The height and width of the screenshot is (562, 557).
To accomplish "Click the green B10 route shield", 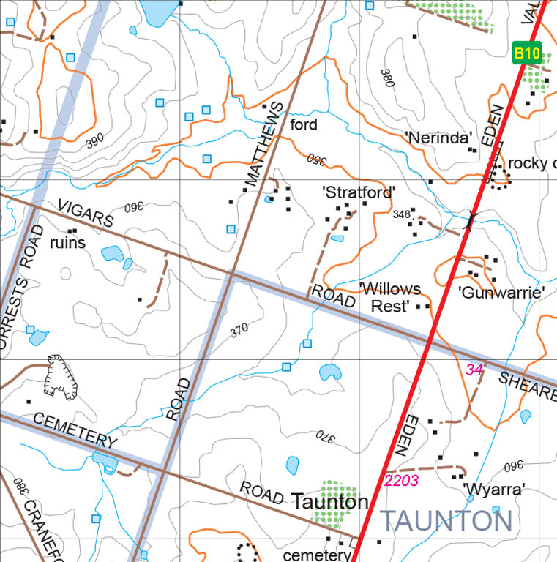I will click(x=526, y=53).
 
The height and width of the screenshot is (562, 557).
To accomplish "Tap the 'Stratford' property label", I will click(x=359, y=192).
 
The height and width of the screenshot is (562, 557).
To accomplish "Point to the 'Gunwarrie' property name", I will click(x=501, y=293).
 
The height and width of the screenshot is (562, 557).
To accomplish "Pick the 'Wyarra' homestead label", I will click(x=493, y=489).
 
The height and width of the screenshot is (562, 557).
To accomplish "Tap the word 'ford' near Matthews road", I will click(x=304, y=124).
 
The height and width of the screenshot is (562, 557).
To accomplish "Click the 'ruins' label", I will click(x=67, y=242).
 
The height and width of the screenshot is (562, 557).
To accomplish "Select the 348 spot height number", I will click(x=400, y=214).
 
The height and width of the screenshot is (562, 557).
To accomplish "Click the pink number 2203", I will click(x=401, y=481).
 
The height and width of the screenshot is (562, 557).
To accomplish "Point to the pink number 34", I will click(x=474, y=370).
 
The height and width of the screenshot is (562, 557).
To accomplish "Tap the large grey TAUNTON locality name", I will click(x=446, y=521).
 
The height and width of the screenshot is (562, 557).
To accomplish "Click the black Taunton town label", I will click(x=329, y=501).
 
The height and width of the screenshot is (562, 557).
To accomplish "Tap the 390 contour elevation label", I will click(x=94, y=141).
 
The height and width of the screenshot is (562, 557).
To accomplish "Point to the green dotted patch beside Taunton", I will click(x=333, y=506).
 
